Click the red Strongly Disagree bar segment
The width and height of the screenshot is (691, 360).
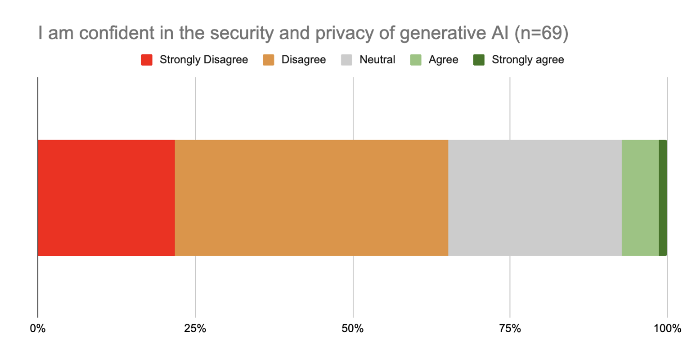click(x=106, y=198)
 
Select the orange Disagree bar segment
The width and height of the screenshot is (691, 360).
click(x=311, y=198)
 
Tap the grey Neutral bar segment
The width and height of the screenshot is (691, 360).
click(x=535, y=198)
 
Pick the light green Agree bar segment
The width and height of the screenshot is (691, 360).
click(x=640, y=198)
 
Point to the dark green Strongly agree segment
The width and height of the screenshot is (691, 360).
click(x=663, y=198)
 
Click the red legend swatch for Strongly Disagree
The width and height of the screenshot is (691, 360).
click(x=147, y=60)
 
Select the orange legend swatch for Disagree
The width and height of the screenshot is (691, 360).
click(x=268, y=60)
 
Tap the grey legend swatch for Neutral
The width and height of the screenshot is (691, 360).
click(x=347, y=60)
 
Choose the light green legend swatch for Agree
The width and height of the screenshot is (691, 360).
click(x=416, y=60)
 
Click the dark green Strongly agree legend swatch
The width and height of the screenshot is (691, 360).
click(x=479, y=60)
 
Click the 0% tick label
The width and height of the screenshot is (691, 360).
click(x=37, y=328)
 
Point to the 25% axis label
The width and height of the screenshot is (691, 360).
click(x=196, y=328)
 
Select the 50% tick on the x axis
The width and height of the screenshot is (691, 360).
click(x=353, y=328)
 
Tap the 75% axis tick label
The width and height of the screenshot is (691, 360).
click(x=510, y=328)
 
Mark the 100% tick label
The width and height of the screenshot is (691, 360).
click(x=667, y=328)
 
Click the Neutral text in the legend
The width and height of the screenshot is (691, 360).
click(x=377, y=60)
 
